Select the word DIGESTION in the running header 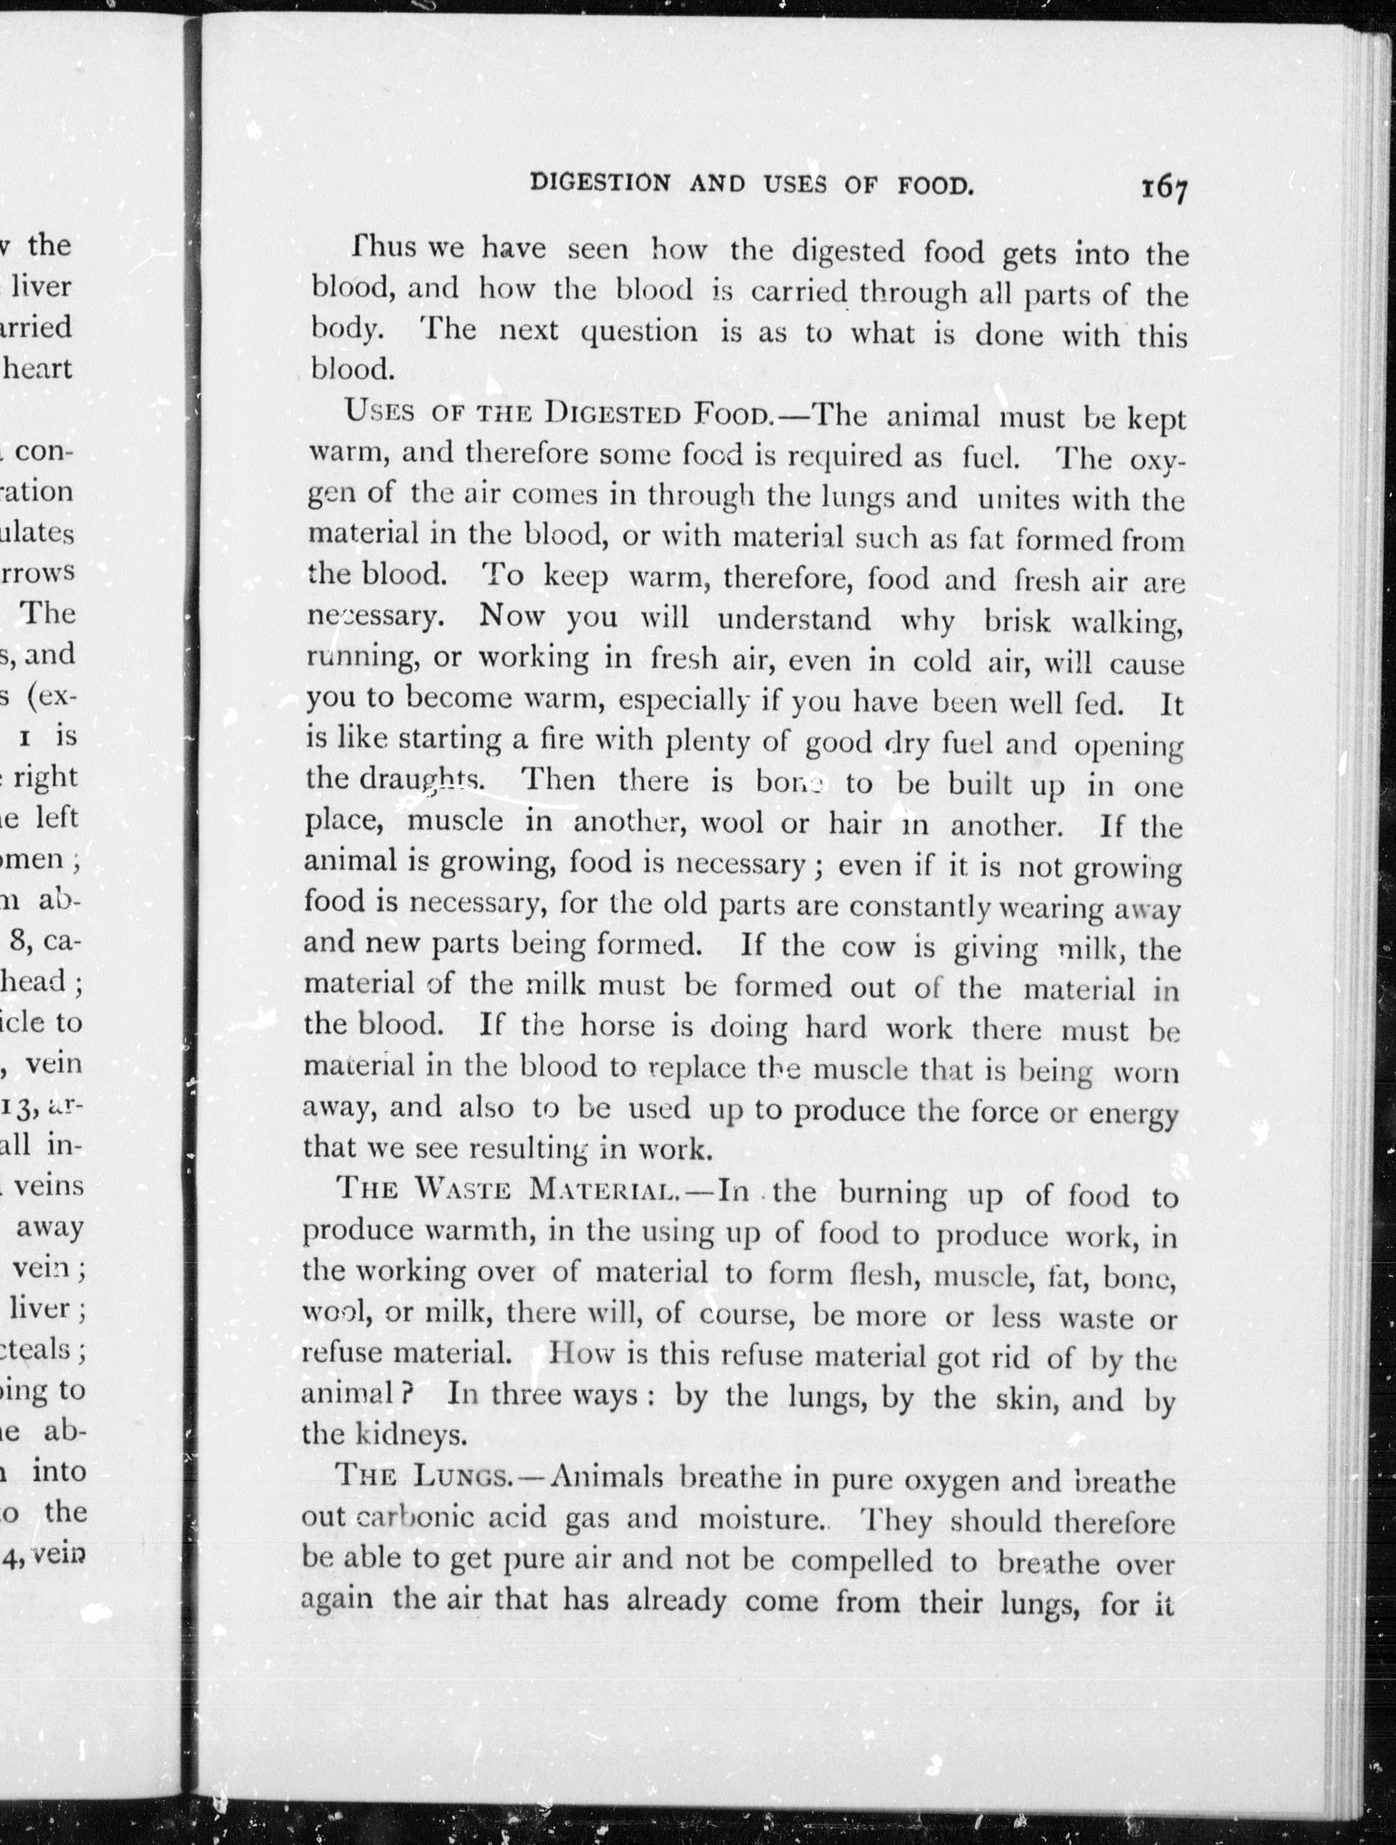click(600, 183)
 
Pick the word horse click(617, 1025)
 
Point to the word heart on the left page click(38, 368)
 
